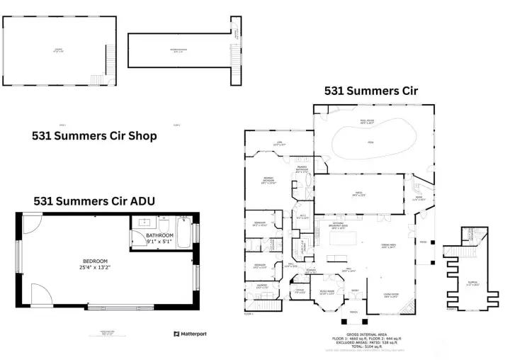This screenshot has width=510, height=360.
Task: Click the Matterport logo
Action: (190, 333)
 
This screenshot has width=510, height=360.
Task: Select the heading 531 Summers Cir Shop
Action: (94, 136)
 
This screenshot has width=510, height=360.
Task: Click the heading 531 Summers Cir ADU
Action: (94, 201)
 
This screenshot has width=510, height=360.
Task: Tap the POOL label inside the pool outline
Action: (369, 142)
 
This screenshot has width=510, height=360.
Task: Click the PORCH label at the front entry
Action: (353, 312)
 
